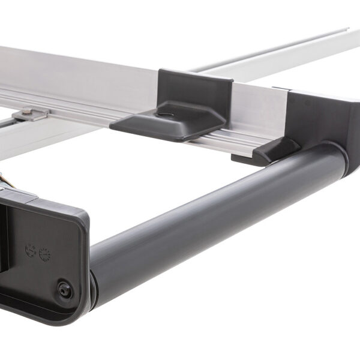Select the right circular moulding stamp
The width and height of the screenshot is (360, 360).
(45, 254)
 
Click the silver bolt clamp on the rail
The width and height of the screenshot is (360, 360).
(30, 113)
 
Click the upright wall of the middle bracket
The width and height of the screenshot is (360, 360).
(195, 90)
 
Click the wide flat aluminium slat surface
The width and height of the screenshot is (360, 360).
(72, 72)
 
